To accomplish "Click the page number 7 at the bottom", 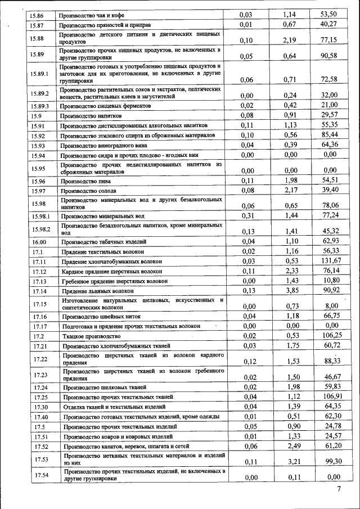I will coord(339,489).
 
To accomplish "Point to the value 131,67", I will coord(330,261).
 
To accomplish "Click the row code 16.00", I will coord(39,241).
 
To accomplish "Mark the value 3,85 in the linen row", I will coord(290,291).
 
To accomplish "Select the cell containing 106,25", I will coord(330,336).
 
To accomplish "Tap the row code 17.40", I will coord(40,417).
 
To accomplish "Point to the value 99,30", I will coord(330,461).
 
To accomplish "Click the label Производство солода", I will coord(89,191).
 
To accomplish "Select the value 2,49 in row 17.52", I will coord(290,446).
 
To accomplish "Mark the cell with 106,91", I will coord(330,397).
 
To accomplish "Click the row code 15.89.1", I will coord(40,73).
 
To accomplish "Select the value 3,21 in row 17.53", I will coord(290,461).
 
